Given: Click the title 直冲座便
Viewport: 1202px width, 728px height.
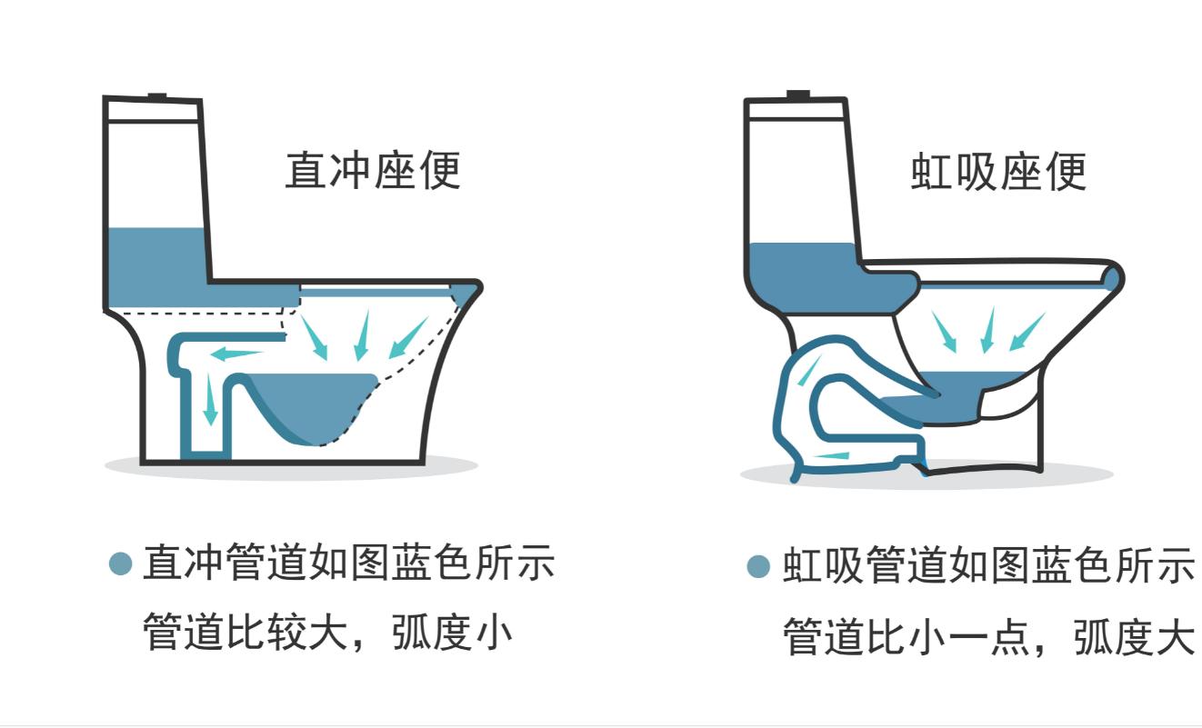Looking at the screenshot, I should click(373, 171).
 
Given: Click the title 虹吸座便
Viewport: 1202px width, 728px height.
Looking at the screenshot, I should click(998, 171).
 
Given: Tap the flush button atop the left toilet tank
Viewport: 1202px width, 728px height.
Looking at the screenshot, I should click(157, 95).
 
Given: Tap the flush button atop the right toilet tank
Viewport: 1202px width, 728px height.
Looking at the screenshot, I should click(798, 94).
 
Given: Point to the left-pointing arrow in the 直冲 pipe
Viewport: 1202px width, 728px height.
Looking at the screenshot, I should click(235, 354).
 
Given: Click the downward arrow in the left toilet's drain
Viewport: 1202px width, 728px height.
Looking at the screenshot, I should click(210, 399).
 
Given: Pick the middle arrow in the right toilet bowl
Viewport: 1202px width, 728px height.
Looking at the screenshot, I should click(987, 331).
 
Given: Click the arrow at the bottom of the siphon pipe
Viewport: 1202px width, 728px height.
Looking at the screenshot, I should click(832, 455).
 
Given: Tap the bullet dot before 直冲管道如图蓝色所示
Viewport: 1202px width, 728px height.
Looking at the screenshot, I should click(121, 564).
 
